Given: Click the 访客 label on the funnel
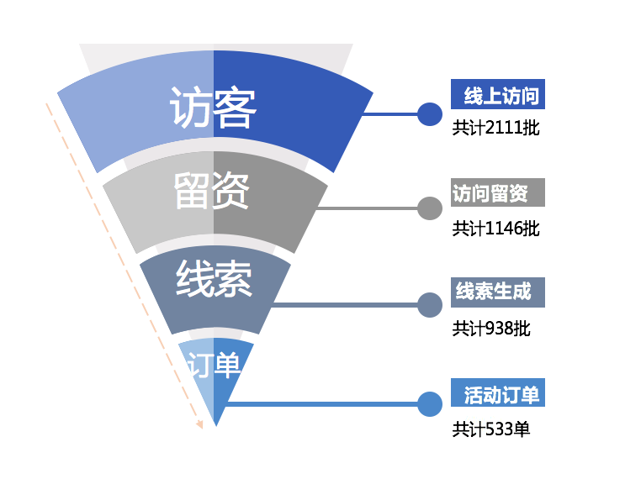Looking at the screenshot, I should [x=213, y=107].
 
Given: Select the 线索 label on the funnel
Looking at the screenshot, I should [x=214, y=280].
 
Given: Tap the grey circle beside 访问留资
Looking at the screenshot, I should [x=430, y=208].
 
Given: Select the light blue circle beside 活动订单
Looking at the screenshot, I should [x=430, y=404].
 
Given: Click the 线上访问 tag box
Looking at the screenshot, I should [x=498, y=95].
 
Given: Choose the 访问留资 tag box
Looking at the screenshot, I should [x=498, y=192].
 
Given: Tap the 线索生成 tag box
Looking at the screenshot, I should [x=498, y=292].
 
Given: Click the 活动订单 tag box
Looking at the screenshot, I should [x=498, y=392].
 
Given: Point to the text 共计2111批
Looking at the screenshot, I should [x=496, y=129].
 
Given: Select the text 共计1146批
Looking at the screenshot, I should [x=496, y=228].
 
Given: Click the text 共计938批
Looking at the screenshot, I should [x=491, y=329].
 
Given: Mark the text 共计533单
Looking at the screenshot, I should [x=491, y=429].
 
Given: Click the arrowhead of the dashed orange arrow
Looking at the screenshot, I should [x=199, y=423].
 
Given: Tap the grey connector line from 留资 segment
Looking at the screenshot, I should [x=370, y=208].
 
